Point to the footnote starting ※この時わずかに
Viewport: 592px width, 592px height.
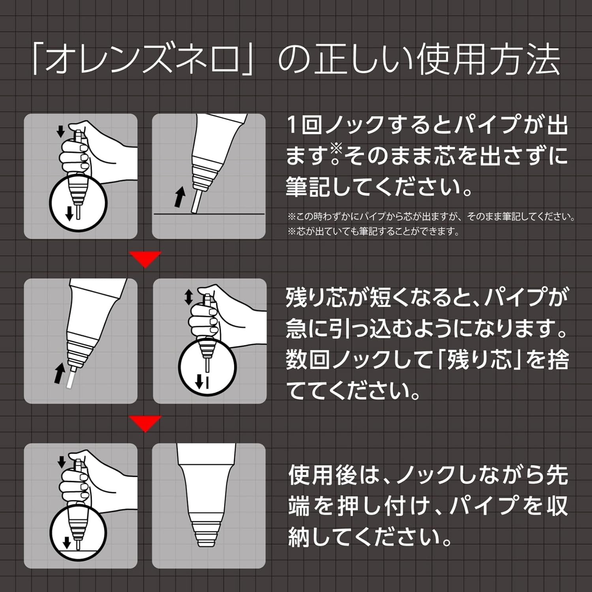click(x=431, y=216)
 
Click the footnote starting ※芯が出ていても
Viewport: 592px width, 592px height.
click(x=374, y=231)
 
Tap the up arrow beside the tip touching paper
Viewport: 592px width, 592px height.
click(x=180, y=197)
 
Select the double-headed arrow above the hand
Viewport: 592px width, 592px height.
click(x=189, y=297)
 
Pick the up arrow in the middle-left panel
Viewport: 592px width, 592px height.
click(x=60, y=373)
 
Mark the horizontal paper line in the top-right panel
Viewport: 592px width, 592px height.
click(x=208, y=214)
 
